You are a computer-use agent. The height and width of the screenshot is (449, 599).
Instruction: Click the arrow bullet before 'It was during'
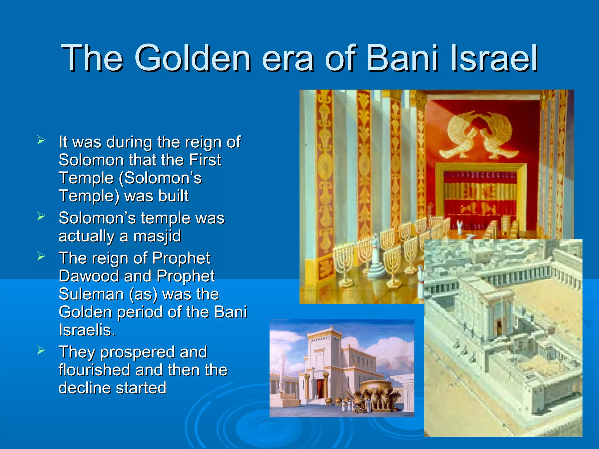coord(41,140)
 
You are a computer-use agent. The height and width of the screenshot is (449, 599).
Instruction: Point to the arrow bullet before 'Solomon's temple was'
coord(41,216)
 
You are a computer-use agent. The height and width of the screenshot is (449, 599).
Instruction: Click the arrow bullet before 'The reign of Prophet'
coord(41,256)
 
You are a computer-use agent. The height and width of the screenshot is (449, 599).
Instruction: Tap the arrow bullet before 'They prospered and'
coord(41,350)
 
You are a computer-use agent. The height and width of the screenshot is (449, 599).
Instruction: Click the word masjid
coord(157,236)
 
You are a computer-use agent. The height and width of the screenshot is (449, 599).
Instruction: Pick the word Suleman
coord(91,294)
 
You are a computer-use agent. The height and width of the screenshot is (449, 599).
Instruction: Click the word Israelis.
coord(87,330)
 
